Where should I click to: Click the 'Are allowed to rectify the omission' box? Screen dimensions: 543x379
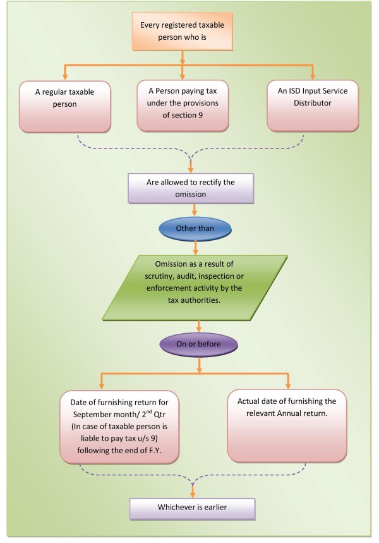point(183,188)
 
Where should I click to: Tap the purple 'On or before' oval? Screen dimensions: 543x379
point(200,345)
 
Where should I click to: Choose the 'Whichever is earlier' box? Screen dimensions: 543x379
point(200,508)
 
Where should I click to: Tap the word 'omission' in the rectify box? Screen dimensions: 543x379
point(182,195)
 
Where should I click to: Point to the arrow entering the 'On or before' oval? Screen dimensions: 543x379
point(200,327)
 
